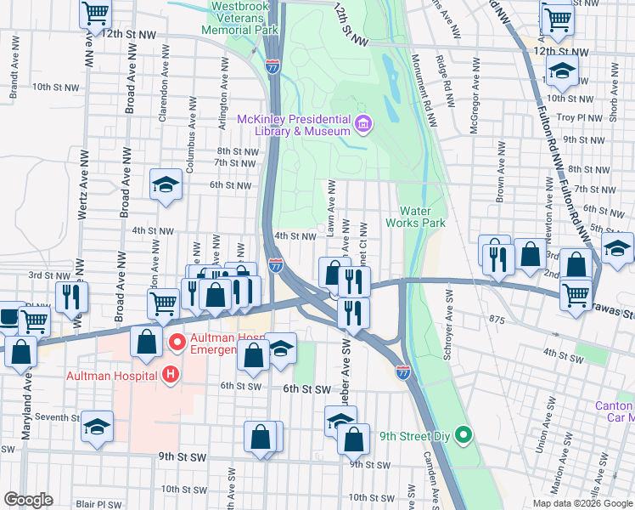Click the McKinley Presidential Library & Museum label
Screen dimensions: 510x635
pyautogui.click(x=294, y=125)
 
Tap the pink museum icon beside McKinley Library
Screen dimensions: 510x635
pyautogui.click(x=363, y=126)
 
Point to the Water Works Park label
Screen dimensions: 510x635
pyautogui.click(x=415, y=217)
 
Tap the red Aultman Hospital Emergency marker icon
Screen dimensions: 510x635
pyautogui.click(x=178, y=343)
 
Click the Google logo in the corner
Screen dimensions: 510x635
pyautogui.click(x=28, y=500)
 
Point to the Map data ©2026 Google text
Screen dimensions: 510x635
pyautogui.click(x=582, y=502)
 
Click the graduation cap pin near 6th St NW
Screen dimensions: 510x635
pyautogui.click(x=166, y=184)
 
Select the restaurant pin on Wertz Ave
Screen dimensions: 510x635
pyautogui.click(x=71, y=296)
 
